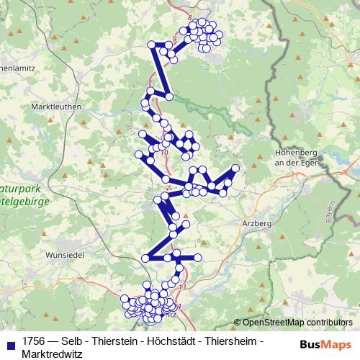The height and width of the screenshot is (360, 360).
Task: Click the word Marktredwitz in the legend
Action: point(53,354)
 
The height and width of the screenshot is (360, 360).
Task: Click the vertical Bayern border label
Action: point(329,212)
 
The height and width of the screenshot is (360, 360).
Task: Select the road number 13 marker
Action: point(182,287)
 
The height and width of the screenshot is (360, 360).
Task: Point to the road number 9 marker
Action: point(175,37)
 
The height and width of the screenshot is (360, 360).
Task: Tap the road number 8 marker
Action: point(189,16)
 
